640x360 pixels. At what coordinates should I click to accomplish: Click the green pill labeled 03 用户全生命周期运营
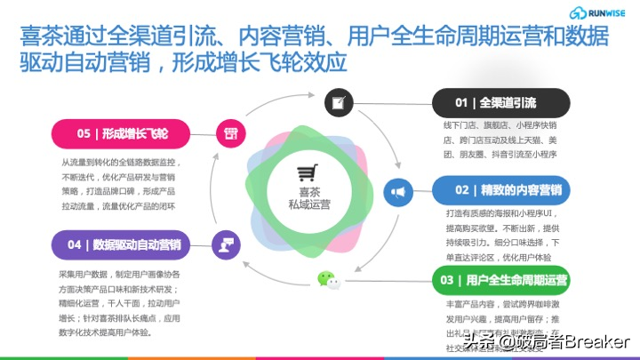(x=500, y=282)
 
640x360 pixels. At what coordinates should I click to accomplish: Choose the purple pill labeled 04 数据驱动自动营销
(x=124, y=244)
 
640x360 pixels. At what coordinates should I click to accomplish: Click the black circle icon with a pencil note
(x=337, y=101)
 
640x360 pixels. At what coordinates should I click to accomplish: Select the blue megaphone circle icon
(x=399, y=190)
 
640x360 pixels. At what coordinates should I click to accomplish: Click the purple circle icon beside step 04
(x=227, y=243)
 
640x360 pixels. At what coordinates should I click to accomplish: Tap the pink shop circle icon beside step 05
(x=229, y=134)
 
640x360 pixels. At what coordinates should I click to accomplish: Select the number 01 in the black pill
(x=461, y=102)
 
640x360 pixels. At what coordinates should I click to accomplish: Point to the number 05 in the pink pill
(x=84, y=134)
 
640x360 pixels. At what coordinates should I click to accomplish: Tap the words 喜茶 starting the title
(x=37, y=38)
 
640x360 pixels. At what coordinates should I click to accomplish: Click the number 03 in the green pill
(x=447, y=282)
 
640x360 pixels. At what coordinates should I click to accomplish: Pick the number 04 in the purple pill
(x=75, y=244)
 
